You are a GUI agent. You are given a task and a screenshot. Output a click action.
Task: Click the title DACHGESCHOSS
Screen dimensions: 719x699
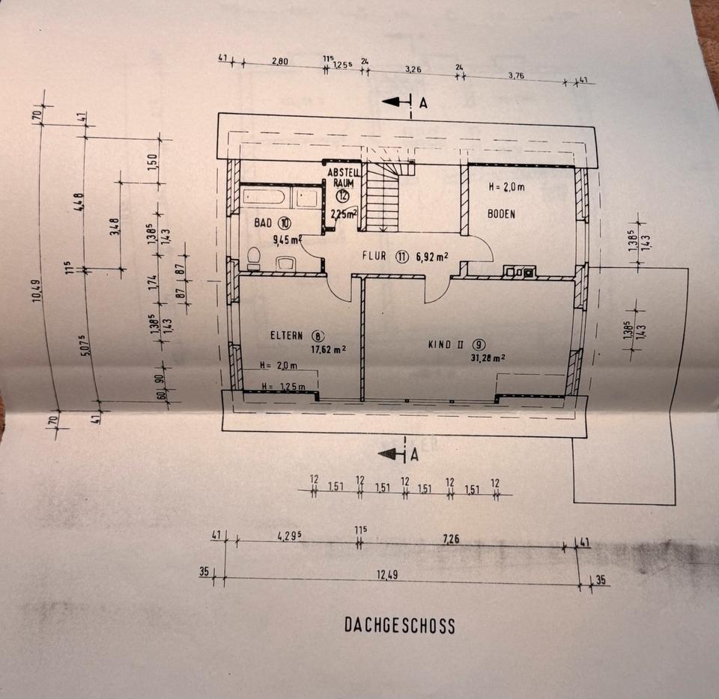[399, 625]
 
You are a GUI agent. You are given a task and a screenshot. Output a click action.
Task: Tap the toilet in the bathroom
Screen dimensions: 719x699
[253, 257]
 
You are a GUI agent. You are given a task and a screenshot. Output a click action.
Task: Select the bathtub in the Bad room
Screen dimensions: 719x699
[263, 198]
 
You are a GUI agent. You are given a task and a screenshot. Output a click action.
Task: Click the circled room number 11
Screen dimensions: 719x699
[402, 256]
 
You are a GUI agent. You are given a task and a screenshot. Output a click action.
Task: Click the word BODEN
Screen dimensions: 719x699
[501, 213]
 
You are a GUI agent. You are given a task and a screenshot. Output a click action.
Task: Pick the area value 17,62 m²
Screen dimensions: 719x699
[328, 348]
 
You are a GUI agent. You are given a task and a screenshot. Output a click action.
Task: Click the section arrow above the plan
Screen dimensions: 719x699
[396, 103]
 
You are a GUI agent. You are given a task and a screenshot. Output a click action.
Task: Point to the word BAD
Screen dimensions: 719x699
[263, 223]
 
